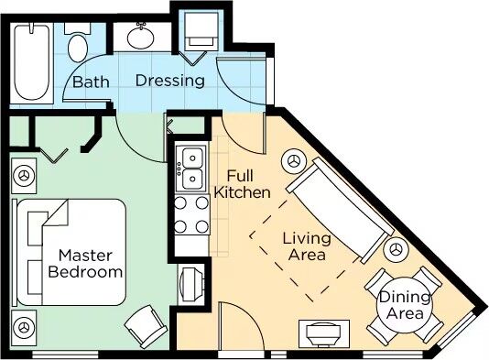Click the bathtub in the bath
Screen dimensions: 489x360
32,62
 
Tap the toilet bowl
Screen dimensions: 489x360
78,48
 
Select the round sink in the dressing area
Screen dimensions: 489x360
141,38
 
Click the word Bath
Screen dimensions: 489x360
91,82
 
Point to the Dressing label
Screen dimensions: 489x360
170,81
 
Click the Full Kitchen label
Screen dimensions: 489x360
242,184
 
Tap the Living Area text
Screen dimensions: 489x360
307,246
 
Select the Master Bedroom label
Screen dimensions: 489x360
85,264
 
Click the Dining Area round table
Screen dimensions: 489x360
404,305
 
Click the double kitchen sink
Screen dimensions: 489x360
191,169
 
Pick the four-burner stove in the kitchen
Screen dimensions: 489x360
191,215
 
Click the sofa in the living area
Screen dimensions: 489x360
340,211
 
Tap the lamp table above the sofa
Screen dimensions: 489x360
295,161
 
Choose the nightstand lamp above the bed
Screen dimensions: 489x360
24,175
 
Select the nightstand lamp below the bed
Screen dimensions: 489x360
24,328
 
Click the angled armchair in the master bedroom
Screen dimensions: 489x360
146,327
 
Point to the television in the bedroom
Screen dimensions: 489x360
191,284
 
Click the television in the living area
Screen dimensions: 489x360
324,333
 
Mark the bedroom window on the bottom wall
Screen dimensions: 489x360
65,355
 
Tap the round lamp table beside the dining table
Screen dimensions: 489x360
397,249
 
